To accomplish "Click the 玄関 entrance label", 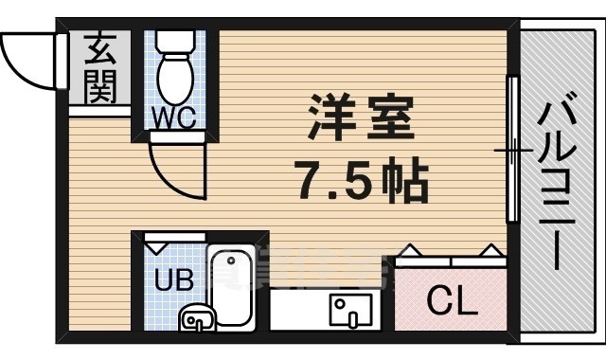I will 99,68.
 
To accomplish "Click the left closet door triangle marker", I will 409,250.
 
